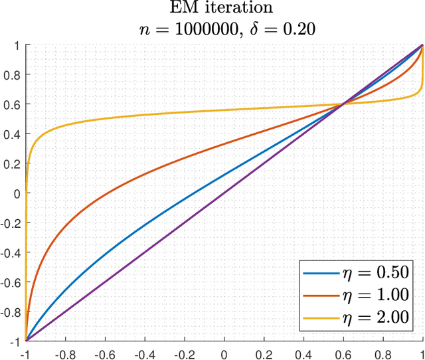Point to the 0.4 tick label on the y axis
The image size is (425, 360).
pos(13,134)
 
